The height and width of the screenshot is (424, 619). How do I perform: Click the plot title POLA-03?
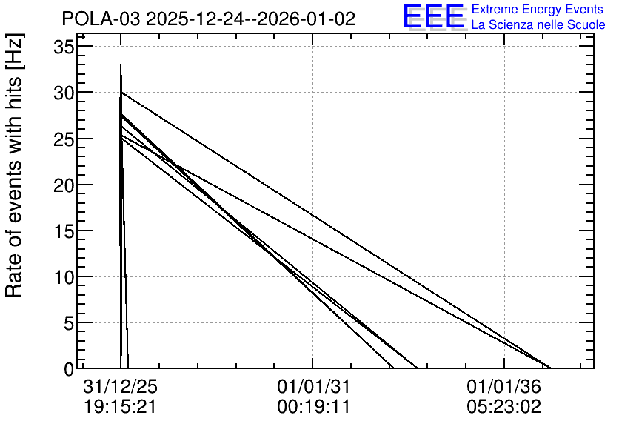pyautogui.click(x=101, y=19)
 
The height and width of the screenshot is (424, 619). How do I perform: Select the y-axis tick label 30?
pyautogui.click(x=64, y=93)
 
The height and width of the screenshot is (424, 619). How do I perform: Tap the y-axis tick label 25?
pyautogui.click(x=64, y=139)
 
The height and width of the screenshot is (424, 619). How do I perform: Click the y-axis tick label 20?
pyautogui.click(x=64, y=185)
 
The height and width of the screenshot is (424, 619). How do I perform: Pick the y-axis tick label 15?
pyautogui.click(x=64, y=231)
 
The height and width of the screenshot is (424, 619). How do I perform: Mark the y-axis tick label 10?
pyautogui.click(x=64, y=277)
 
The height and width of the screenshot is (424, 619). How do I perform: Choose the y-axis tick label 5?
pyautogui.click(x=69, y=323)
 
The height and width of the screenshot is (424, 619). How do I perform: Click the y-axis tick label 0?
pyautogui.click(x=69, y=369)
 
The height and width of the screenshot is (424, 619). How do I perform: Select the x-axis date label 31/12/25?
pyautogui.click(x=121, y=386)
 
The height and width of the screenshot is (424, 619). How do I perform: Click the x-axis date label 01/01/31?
pyautogui.click(x=313, y=386)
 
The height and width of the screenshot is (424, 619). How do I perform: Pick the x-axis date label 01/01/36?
pyautogui.click(x=503, y=386)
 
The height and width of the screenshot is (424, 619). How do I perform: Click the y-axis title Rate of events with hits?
pyautogui.click(x=14, y=166)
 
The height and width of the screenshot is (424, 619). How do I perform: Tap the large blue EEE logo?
pyautogui.click(x=434, y=16)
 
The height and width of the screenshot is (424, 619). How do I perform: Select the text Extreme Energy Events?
pyautogui.click(x=538, y=9)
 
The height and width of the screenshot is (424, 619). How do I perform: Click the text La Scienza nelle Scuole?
pyautogui.click(x=538, y=24)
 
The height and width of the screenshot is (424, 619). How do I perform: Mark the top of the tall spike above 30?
pyautogui.click(x=121, y=64)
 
